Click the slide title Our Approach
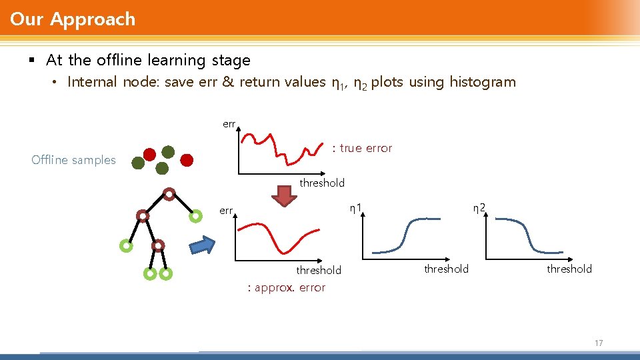tap(73, 19)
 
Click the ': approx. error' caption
tap(286, 287)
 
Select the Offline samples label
tap(73, 160)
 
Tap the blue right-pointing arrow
tap(203, 245)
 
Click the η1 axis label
tap(356, 208)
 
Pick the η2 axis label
tap(479, 208)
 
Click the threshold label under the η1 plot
tap(446, 269)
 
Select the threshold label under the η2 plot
tap(569, 269)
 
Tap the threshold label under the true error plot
tap(322, 183)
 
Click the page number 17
tap(598, 343)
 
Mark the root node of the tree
tap(169, 195)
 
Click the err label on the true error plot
tap(229, 124)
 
